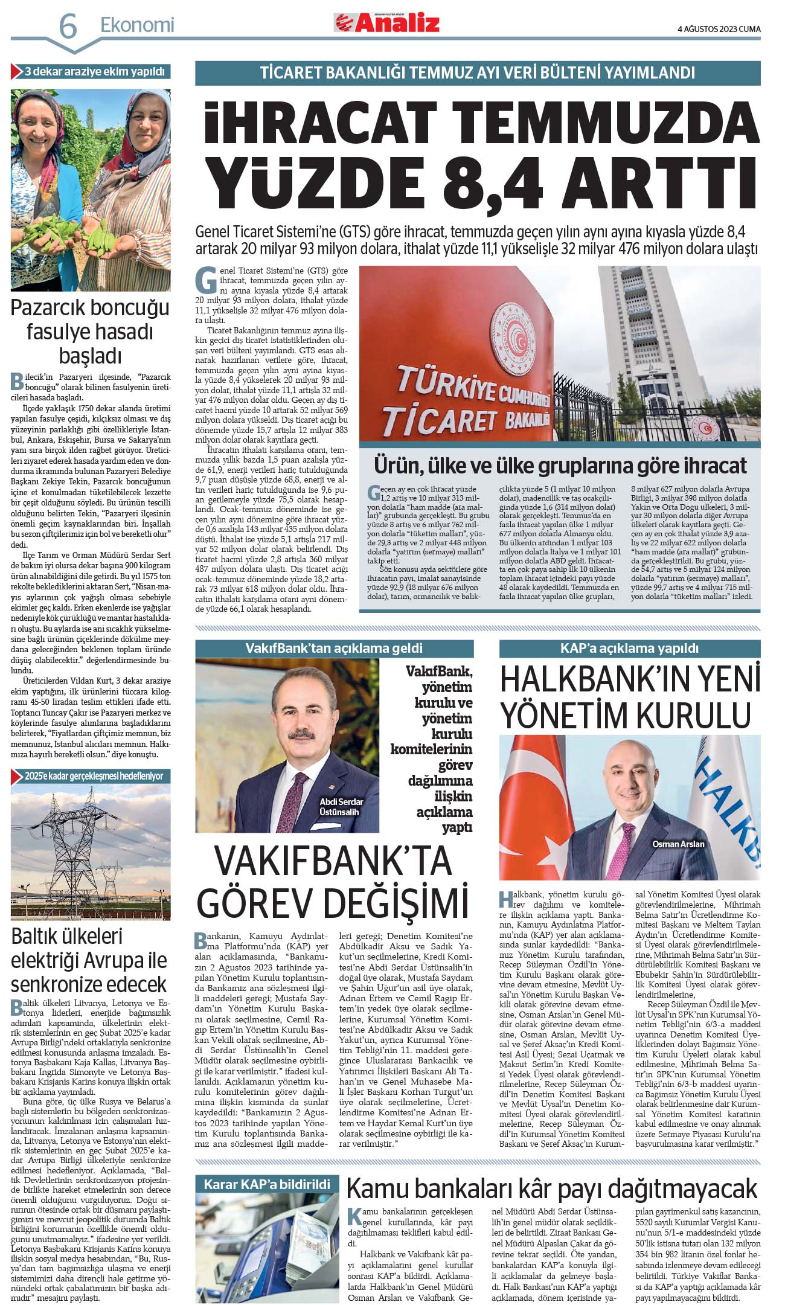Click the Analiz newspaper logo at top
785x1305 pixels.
[387, 23]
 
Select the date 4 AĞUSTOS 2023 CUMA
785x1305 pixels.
[719, 28]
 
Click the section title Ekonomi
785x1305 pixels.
[137, 25]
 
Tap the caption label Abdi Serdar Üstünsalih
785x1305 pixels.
[341, 807]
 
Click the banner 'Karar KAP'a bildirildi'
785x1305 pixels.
[267, 1184]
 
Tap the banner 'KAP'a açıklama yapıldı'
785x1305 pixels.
[629, 648]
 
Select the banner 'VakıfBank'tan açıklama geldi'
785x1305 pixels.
[334, 649]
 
